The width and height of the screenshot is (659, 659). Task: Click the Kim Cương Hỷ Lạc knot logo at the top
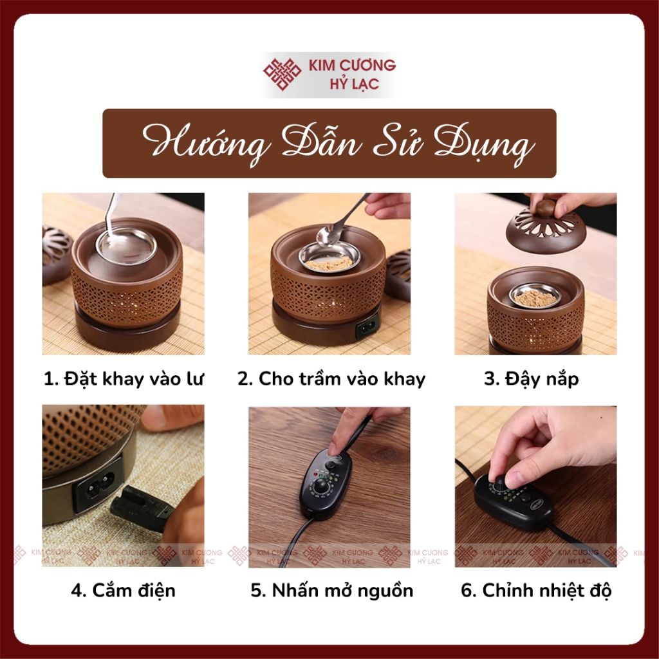pyautogui.click(x=282, y=75)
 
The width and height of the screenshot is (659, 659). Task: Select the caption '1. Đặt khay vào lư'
pyautogui.click(x=124, y=379)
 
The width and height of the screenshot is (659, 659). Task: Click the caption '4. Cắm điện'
pyautogui.click(x=123, y=591)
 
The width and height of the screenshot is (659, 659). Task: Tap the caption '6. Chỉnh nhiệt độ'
pyautogui.click(x=536, y=591)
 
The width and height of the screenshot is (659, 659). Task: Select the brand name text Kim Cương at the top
pyautogui.click(x=352, y=65)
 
